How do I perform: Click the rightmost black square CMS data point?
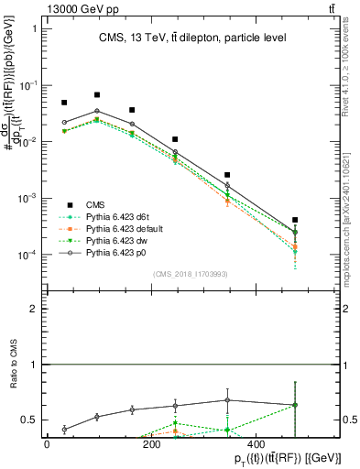pos(295,220)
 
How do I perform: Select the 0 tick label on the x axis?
pos(47,444)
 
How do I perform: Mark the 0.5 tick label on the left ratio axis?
pos(29,420)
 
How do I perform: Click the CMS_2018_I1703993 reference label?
pos(191,273)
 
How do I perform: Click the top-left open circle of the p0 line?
pos(64,122)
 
